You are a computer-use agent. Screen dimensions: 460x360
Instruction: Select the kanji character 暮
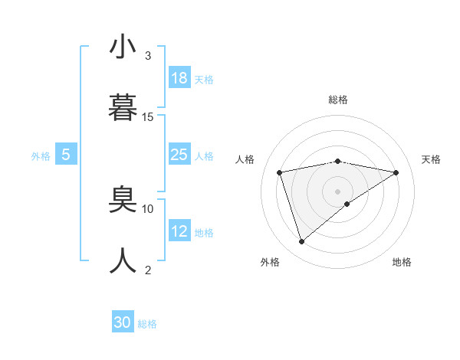pyautogui.click(x=123, y=108)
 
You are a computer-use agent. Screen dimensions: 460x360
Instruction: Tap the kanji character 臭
pyautogui.click(x=123, y=200)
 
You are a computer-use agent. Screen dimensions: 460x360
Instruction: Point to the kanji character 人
pyautogui.click(x=123, y=260)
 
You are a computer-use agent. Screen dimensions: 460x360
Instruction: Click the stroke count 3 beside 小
pyautogui.click(x=148, y=56)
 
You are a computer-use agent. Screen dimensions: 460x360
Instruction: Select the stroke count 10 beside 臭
pyautogui.click(x=148, y=208)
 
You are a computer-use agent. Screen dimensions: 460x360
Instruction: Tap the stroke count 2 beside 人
pyautogui.click(x=148, y=270)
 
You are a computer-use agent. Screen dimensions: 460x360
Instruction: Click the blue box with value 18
pyautogui.click(x=179, y=78)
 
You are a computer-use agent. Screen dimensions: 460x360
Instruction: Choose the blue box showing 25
pyautogui.click(x=179, y=155)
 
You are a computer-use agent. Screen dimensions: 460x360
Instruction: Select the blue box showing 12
pyautogui.click(x=179, y=231)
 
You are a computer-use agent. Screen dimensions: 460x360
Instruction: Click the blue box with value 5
pyautogui.click(x=66, y=155)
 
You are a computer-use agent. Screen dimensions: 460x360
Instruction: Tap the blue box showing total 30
pyautogui.click(x=123, y=322)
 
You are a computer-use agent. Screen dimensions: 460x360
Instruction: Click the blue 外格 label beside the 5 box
pyautogui.click(x=41, y=156)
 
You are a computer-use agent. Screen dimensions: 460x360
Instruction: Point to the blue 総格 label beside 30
pyautogui.click(x=147, y=324)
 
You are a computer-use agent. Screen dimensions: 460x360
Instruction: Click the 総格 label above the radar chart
pyautogui.click(x=338, y=100)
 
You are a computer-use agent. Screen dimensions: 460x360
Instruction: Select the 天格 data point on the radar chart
pyautogui.click(x=396, y=172)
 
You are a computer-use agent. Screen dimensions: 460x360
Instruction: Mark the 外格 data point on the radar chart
pyautogui.click(x=302, y=241)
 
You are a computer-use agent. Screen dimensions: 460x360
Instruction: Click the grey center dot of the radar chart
pyautogui.click(x=338, y=191)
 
